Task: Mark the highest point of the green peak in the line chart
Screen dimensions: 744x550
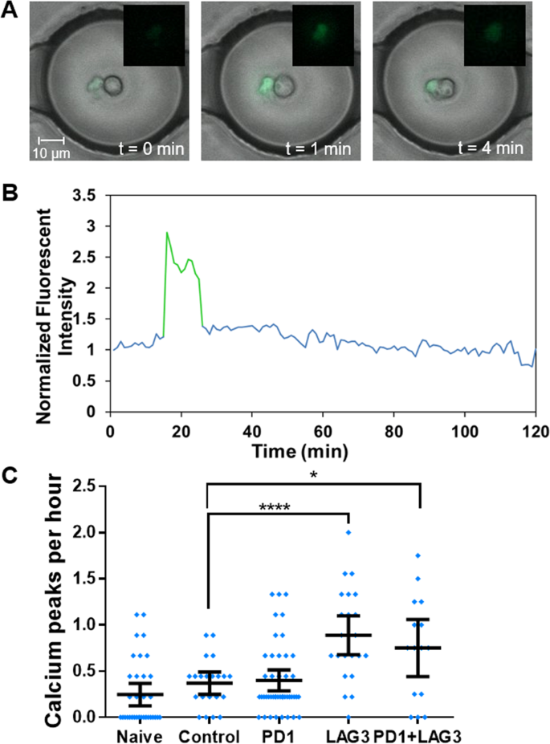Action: tap(167, 233)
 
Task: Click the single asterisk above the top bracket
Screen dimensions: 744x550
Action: tap(313, 474)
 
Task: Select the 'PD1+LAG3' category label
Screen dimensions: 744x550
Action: tap(419, 734)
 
